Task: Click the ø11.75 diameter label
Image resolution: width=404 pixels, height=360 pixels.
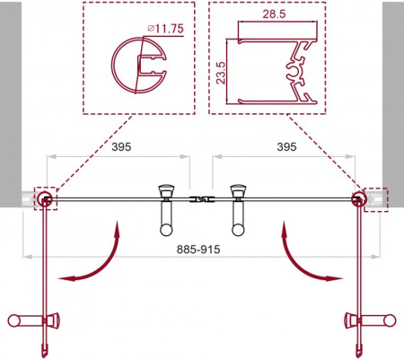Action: click(165, 29)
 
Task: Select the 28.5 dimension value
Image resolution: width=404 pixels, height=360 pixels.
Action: click(274, 14)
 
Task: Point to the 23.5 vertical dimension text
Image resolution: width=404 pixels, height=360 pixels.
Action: click(220, 73)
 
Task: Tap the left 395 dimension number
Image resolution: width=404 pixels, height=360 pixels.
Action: click(121, 147)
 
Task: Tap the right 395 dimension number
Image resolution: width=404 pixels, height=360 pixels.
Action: click(286, 147)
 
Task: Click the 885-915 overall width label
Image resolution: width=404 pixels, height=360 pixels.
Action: click(198, 249)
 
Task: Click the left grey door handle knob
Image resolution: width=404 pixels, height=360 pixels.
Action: click(166, 210)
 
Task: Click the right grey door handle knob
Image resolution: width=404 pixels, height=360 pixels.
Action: click(238, 210)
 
